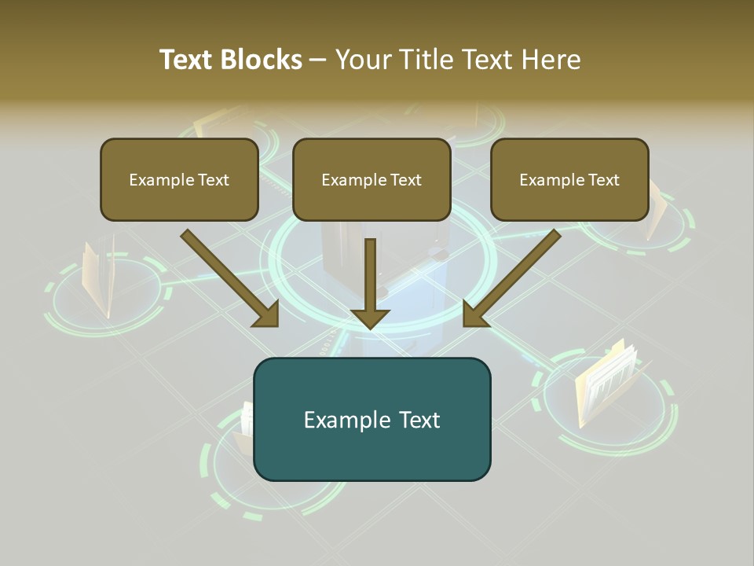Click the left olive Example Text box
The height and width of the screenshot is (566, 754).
pyautogui.click(x=179, y=179)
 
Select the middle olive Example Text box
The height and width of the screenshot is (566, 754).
pyautogui.click(x=372, y=179)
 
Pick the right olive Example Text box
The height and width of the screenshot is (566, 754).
pyautogui.click(x=569, y=179)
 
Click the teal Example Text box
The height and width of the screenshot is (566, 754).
pyautogui.click(x=372, y=419)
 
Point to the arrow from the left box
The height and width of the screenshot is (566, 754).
pyautogui.click(x=228, y=277)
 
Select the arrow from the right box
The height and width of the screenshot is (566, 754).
pyautogui.click(x=514, y=277)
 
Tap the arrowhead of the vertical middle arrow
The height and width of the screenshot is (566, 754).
pyautogui.click(x=370, y=318)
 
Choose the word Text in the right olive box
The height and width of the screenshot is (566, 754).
pyautogui.click(x=603, y=180)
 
